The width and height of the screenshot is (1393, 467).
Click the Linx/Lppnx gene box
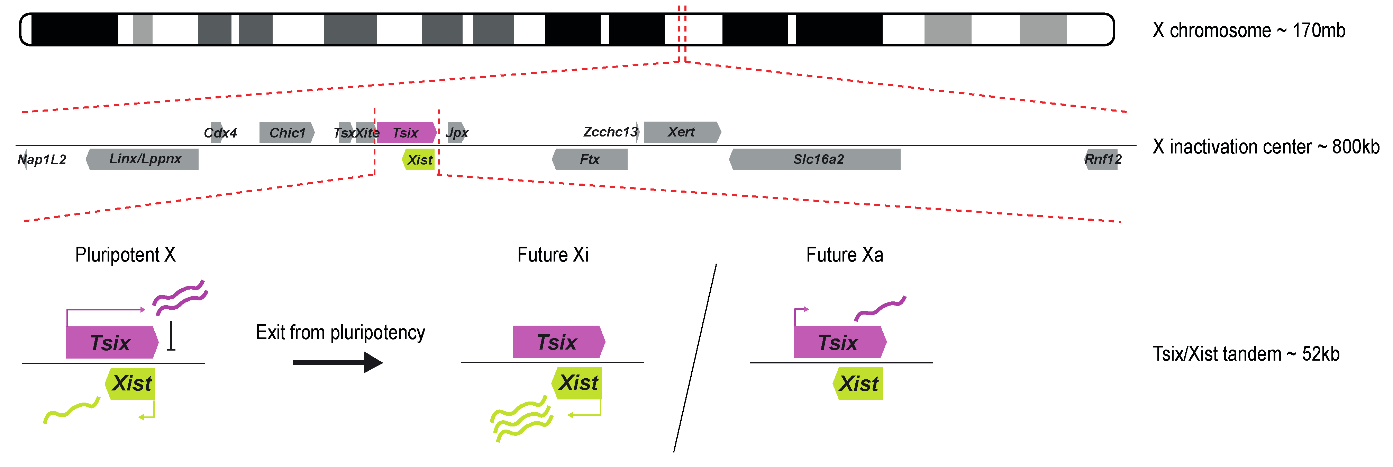pyautogui.click(x=143, y=159)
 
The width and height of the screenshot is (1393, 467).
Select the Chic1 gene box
pyautogui.click(x=286, y=133)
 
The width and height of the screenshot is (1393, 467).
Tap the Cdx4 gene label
pyautogui.click(x=220, y=133)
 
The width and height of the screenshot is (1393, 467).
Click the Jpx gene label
pyautogui.click(x=457, y=133)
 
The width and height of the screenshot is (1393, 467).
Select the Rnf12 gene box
pyautogui.click(x=1102, y=159)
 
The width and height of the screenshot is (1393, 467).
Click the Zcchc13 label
pyautogui.click(x=610, y=132)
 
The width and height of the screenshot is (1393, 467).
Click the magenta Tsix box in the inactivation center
pyautogui.click(x=406, y=133)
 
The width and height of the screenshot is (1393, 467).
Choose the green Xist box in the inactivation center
pyautogui.click(x=420, y=160)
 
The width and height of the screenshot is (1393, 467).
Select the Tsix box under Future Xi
pyautogui.click(x=558, y=342)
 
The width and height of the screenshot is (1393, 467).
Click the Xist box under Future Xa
pyautogui.click(x=859, y=384)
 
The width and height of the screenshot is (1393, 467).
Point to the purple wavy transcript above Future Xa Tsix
pyautogui.click(x=880, y=308)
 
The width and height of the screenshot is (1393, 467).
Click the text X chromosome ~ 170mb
pyautogui.click(x=1248, y=30)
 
